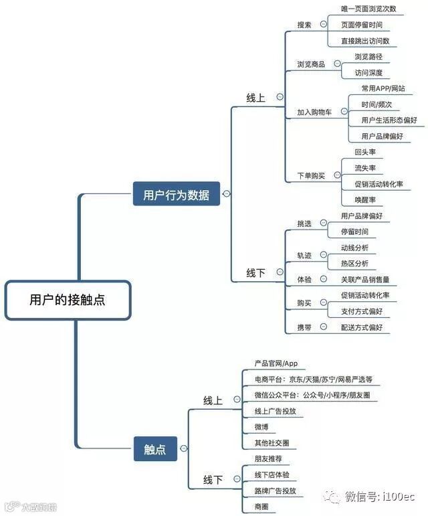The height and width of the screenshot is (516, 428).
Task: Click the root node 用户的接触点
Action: point(67,300)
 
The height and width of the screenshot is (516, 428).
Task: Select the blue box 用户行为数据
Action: point(177,195)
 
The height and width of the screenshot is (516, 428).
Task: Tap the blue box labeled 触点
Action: point(154,449)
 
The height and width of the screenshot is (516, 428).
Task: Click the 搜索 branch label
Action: point(304,25)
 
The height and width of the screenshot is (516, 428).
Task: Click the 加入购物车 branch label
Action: point(314,112)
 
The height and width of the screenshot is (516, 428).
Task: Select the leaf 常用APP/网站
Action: point(383,88)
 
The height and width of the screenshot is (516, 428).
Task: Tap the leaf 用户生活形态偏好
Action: point(389,120)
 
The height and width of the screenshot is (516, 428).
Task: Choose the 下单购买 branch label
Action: point(311,176)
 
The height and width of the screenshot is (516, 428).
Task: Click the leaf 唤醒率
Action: point(365,199)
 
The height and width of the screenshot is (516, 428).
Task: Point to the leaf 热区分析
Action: point(354,263)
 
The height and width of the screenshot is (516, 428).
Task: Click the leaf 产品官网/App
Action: point(276,363)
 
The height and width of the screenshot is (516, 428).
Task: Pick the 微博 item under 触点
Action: point(261,426)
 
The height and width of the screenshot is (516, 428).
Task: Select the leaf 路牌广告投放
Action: point(275,491)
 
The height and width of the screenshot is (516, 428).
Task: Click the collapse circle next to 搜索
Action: point(324,24)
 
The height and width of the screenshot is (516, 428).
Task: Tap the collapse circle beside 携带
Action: point(324,327)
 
